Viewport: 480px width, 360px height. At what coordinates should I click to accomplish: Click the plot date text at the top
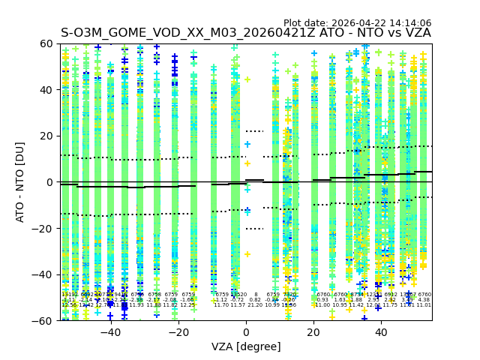coord(357,23)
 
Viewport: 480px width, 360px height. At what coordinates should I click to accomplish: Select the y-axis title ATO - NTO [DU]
coord(20,181)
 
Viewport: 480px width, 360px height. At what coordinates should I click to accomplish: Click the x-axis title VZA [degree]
coord(246,346)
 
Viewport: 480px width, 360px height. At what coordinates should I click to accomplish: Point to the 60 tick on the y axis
coord(49,43)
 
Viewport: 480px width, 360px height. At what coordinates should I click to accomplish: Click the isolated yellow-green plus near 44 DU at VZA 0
coord(247,79)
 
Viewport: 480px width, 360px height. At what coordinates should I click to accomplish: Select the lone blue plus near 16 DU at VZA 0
coord(247,144)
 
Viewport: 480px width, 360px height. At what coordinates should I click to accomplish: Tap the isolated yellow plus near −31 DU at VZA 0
coord(247,254)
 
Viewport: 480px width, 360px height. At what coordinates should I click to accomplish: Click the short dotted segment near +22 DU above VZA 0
coord(254,131)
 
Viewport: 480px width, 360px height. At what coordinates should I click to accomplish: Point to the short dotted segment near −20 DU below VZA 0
coord(254,229)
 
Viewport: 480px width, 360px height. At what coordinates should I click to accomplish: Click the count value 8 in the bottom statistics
coord(256,295)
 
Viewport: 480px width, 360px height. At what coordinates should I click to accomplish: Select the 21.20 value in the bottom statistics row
coord(256,305)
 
